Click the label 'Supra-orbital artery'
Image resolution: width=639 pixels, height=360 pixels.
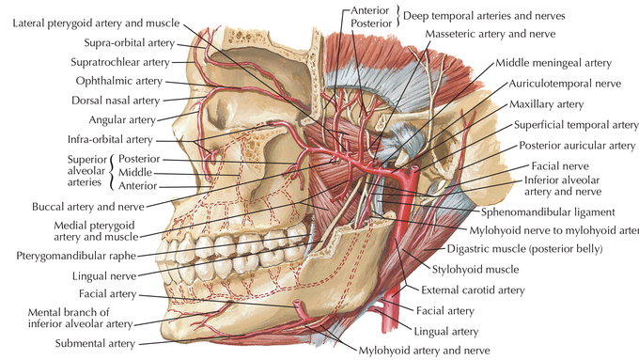(129, 43)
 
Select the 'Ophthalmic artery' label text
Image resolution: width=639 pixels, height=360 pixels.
(119, 81)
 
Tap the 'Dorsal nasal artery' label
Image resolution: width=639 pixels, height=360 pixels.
(116, 101)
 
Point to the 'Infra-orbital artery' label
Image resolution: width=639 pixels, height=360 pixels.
(110, 139)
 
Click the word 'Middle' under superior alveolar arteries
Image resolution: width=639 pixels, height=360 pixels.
(135, 172)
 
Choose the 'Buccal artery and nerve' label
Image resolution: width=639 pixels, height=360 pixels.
(88, 207)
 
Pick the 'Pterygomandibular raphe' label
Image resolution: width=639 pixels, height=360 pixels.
(76, 256)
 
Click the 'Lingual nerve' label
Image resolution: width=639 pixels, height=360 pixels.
(104, 276)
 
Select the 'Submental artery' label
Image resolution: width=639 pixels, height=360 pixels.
(95, 344)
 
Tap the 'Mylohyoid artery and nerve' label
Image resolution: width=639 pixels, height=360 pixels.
(424, 351)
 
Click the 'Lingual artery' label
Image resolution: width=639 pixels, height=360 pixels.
(445, 332)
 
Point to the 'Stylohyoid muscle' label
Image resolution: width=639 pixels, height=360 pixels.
(475, 270)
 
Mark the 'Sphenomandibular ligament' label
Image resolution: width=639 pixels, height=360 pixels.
(548, 212)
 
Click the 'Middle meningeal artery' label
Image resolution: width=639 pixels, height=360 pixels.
(553, 63)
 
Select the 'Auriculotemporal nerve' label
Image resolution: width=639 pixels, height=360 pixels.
(565, 84)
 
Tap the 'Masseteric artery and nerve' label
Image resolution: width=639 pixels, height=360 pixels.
(491, 34)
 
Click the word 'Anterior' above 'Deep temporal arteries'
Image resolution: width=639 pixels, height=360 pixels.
(370, 10)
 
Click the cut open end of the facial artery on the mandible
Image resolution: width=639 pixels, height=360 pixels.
(298, 304)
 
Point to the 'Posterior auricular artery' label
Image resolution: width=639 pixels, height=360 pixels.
(577, 146)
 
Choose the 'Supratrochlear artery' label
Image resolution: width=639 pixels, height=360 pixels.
(120, 62)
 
